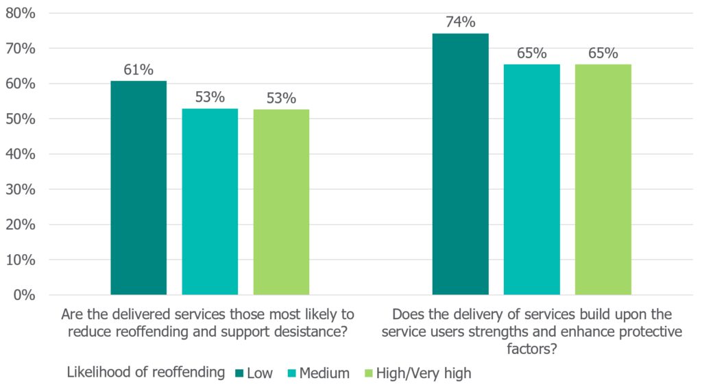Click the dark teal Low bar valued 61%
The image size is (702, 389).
pyautogui.click(x=138, y=188)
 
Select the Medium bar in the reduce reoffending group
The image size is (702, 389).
pyautogui.click(x=210, y=201)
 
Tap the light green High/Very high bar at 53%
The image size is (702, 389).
pyautogui.click(x=281, y=202)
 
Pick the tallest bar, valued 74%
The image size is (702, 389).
pyautogui.click(x=461, y=164)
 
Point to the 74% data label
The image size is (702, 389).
pyautogui.click(x=461, y=22)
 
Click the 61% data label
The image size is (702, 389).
pyautogui.click(x=138, y=69)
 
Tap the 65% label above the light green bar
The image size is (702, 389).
pyautogui.click(x=603, y=53)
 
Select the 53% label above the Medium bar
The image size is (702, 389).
pyautogui.click(x=210, y=97)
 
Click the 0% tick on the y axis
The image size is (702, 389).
pyautogui.click(x=25, y=295)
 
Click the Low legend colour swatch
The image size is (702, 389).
pyautogui.click(x=239, y=373)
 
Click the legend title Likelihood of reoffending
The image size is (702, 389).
pyautogui.click(x=146, y=373)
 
